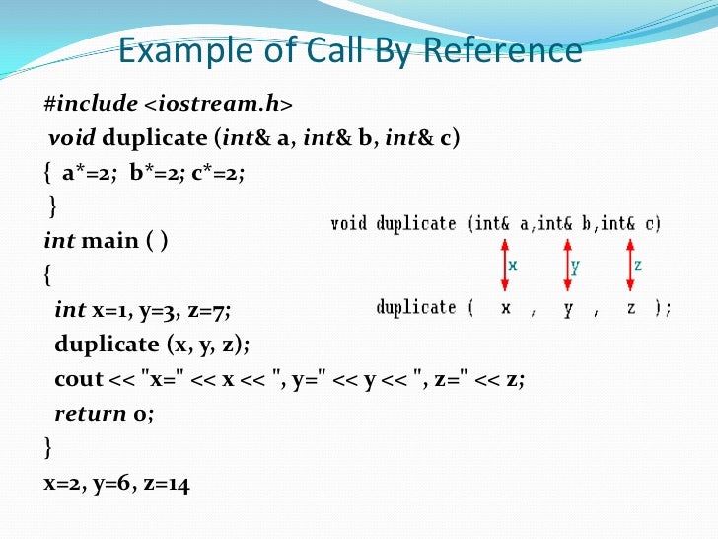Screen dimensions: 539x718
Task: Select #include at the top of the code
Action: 81,104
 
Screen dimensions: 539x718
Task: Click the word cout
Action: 79,378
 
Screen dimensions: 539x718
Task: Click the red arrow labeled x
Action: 504,265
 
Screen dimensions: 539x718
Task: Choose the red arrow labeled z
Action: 630,265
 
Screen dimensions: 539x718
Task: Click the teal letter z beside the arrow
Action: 639,265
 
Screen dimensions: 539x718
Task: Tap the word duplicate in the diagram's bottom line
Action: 415,308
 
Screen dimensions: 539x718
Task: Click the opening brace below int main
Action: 48,275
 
